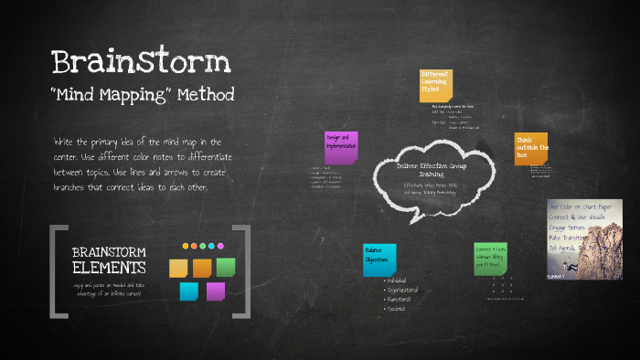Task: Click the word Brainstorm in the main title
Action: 141,61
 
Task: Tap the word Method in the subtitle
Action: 206,94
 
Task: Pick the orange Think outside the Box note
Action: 530,149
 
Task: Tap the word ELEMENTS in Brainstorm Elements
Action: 108,268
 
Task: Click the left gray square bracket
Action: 57,270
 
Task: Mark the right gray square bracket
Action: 243,270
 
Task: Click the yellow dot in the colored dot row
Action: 186,246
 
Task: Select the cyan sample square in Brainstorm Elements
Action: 189,291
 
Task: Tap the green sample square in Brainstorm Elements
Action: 225,267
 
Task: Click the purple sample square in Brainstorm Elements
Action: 215,291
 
